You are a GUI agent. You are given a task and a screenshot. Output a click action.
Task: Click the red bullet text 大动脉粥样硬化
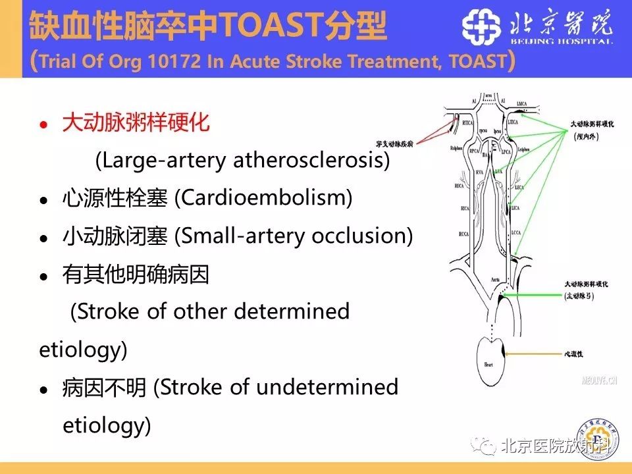point(136,123)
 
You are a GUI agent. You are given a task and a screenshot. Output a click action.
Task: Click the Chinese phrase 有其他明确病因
point(136,274)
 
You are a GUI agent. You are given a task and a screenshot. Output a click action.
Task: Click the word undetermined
point(327,387)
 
